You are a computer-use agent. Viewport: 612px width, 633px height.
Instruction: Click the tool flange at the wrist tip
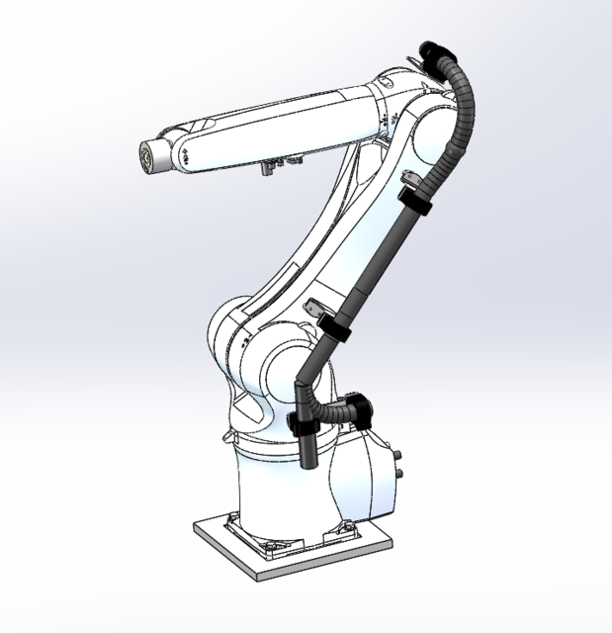(148, 156)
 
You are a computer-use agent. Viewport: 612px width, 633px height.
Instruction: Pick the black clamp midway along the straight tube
(336, 330)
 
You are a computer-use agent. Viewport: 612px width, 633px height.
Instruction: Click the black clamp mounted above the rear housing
(358, 405)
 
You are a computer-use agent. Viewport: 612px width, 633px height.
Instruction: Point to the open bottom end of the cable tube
(306, 463)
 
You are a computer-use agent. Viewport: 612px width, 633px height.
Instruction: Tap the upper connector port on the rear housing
(398, 457)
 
